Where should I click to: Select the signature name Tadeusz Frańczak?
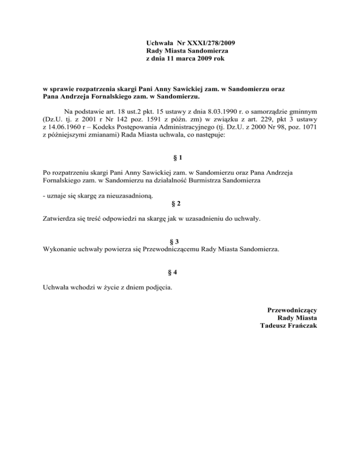(289, 326)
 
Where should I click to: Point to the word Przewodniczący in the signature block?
(292, 310)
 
